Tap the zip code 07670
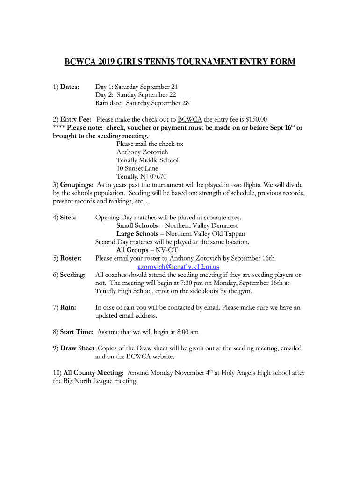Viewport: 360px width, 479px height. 157,176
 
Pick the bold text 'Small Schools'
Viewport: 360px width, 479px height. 137,225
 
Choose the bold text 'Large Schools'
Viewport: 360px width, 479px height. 137,234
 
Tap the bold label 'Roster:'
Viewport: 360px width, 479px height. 71,258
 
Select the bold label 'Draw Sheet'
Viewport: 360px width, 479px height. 77,348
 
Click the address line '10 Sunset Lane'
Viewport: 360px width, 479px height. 137,168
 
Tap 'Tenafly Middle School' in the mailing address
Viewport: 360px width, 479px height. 147,160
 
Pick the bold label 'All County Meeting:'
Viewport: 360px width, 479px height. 94,373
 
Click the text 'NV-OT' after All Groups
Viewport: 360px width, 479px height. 167,250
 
